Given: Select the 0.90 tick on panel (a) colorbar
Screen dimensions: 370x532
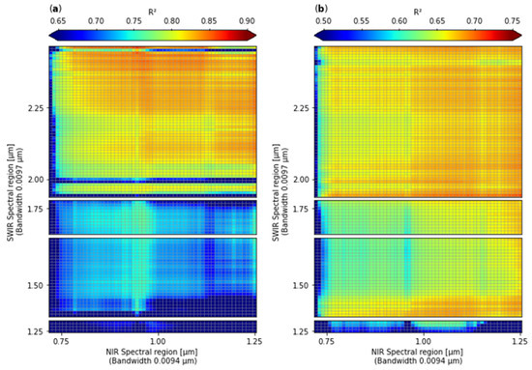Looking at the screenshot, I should coord(247,20).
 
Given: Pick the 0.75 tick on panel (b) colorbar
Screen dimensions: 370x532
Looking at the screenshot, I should coord(513,20).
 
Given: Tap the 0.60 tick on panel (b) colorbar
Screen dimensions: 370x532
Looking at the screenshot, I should coord(399,20).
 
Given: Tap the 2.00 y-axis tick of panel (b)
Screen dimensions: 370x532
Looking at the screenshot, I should coord(299,180).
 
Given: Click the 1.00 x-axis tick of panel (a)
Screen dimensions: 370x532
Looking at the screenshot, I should coord(158,341).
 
